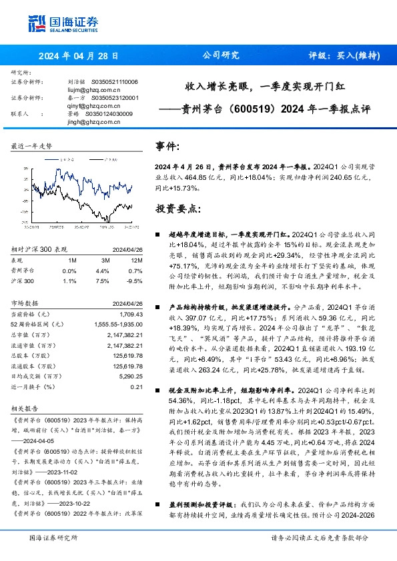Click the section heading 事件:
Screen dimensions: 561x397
tap(167, 145)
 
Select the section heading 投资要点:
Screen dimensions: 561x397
tap(177, 209)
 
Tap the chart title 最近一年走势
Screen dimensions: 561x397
tap(32, 145)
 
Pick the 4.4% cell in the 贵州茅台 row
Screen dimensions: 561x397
tap(102, 271)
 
